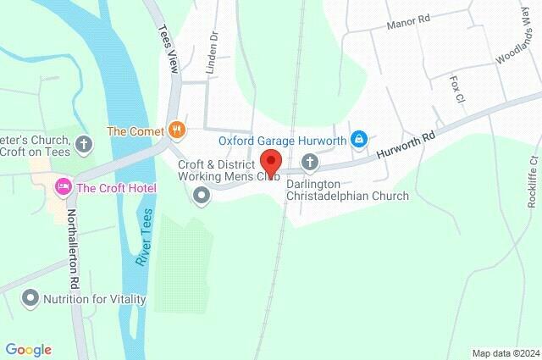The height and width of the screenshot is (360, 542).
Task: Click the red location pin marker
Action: pyautogui.click(x=271, y=160)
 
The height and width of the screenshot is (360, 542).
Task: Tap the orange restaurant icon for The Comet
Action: pyautogui.click(x=176, y=130)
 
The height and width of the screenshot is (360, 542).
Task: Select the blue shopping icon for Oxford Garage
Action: pyautogui.click(x=360, y=138)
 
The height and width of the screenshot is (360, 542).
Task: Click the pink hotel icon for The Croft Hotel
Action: pyautogui.click(x=62, y=186)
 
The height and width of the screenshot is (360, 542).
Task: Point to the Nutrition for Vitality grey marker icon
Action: pyautogui.click(x=30, y=298)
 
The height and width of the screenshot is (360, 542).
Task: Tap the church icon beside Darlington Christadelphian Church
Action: pyautogui.click(x=311, y=162)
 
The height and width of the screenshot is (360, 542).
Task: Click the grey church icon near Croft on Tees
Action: pyautogui.click(x=83, y=143)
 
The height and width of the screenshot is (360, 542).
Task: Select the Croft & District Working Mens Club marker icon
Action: pyautogui.click(x=202, y=197)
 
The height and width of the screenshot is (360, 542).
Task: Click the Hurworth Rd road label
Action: pyautogui.click(x=406, y=144)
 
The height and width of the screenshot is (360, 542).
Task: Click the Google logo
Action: pyautogui.click(x=28, y=349)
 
